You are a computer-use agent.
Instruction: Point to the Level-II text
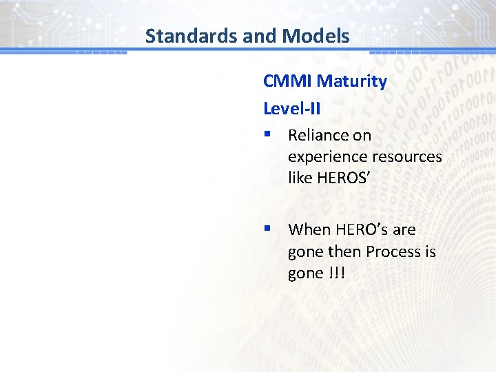click(x=292, y=108)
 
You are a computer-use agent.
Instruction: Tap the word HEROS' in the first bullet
click(x=344, y=178)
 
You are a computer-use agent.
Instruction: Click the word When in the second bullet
click(x=307, y=229)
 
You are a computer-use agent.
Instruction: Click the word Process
click(x=393, y=251)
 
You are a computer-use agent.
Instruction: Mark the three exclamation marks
click(x=337, y=273)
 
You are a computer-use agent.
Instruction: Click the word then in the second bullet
click(x=344, y=251)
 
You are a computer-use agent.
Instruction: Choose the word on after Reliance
click(x=362, y=135)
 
